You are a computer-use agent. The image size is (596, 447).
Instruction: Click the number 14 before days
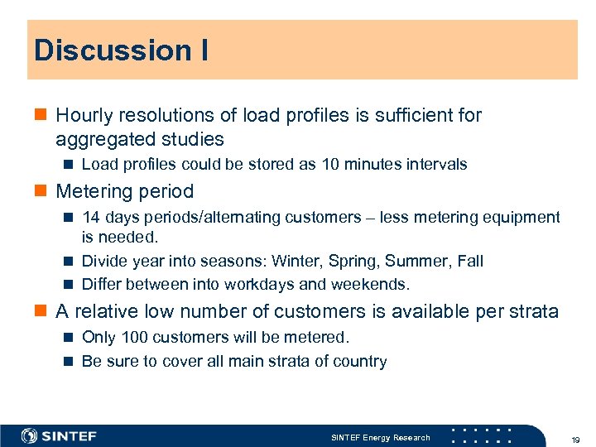90,217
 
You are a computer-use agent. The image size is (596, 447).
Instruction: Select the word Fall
469,261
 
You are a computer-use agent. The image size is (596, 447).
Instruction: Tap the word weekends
369,284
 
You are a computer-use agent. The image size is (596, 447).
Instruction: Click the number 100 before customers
133,337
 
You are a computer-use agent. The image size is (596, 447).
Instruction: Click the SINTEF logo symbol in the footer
30,435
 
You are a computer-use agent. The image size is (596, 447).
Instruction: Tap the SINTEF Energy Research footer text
381,437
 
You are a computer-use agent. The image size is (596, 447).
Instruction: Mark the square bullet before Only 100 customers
70,337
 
